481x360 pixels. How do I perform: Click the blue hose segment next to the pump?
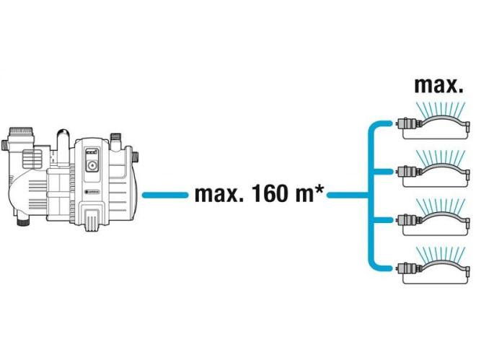pos(164,196)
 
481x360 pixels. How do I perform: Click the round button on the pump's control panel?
pos(92,165)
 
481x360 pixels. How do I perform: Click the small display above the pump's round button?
pos(92,153)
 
